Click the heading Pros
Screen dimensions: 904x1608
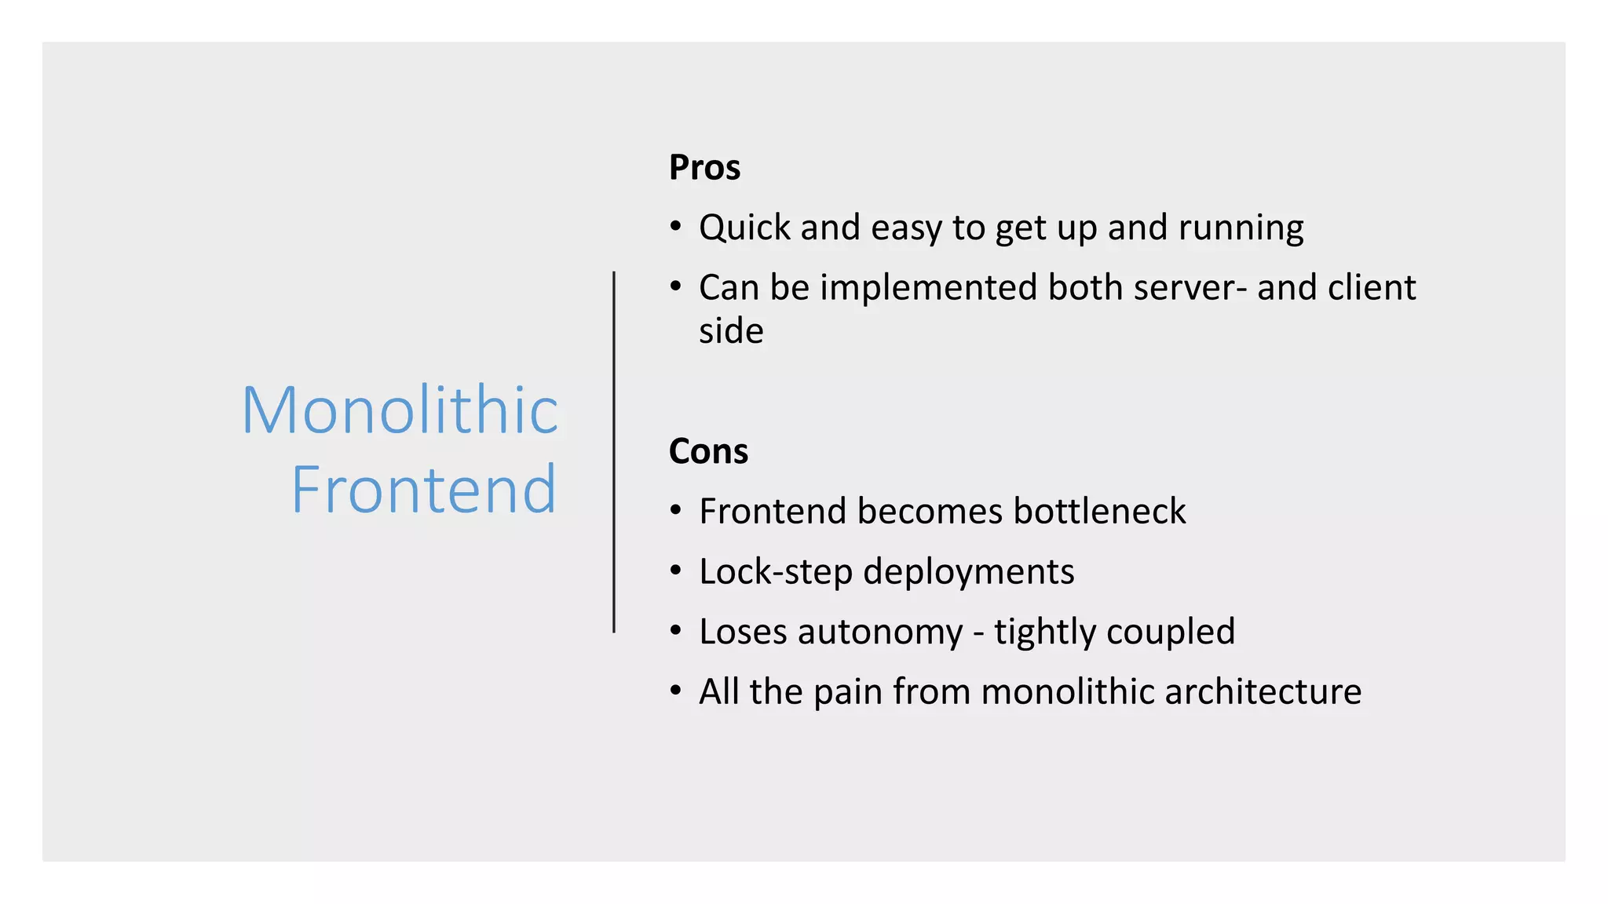704,168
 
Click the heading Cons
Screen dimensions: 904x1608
708,452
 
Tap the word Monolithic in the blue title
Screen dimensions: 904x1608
400,410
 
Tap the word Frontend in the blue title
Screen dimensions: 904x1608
424,490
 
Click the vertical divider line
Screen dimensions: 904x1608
614,452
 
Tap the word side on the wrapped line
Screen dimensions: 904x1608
731,331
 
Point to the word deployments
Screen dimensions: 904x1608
968,572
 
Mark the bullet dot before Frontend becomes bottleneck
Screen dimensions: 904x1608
676,512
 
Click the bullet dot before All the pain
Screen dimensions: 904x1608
676,691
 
